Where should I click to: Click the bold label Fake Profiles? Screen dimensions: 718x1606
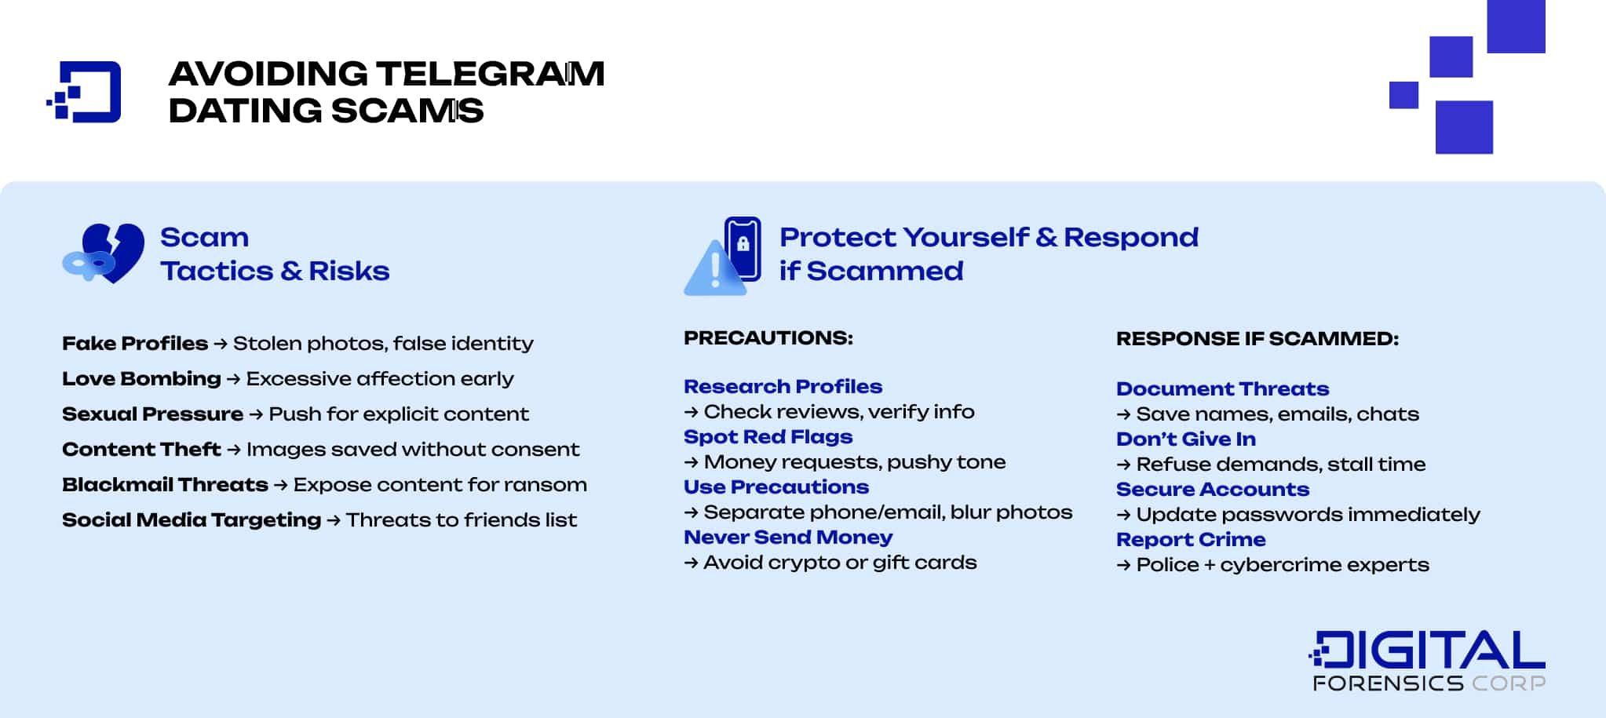click(135, 344)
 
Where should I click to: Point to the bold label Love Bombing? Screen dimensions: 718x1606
click(141, 379)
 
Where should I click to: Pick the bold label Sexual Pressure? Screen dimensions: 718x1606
click(152, 414)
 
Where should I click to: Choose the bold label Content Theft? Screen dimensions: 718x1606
click(141, 450)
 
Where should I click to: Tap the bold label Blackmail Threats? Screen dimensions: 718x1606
click(165, 485)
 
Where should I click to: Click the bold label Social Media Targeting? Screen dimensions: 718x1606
click(192, 520)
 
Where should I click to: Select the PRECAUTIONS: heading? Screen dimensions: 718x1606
click(768, 338)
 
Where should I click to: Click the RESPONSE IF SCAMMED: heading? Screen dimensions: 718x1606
click(1257, 339)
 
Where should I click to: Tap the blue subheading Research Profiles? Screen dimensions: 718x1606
click(783, 387)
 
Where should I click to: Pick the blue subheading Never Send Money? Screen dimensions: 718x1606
click(788, 538)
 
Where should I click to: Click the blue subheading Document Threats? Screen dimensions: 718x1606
click(1222, 389)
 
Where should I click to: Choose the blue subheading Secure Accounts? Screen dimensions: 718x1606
click(1212, 490)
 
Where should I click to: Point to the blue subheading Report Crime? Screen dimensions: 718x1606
click(1191, 540)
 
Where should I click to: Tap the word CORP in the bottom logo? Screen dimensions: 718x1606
click(1508, 683)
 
